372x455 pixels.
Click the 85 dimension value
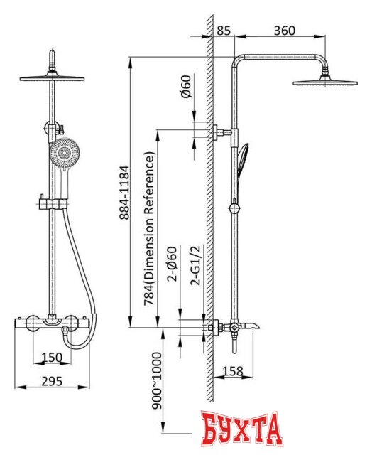point(224,30)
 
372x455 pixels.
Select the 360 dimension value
point(285,30)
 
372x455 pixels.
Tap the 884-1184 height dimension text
point(124,193)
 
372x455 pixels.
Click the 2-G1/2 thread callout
point(196,265)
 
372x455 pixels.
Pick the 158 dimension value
point(233,371)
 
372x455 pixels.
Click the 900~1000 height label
point(157,380)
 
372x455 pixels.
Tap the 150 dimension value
point(52,357)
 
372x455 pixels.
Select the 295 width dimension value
point(52,381)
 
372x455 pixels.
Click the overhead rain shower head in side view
point(325,82)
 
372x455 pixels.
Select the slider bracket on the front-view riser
point(53,204)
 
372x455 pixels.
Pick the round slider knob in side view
point(234,208)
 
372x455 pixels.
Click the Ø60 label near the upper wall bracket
point(186,87)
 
